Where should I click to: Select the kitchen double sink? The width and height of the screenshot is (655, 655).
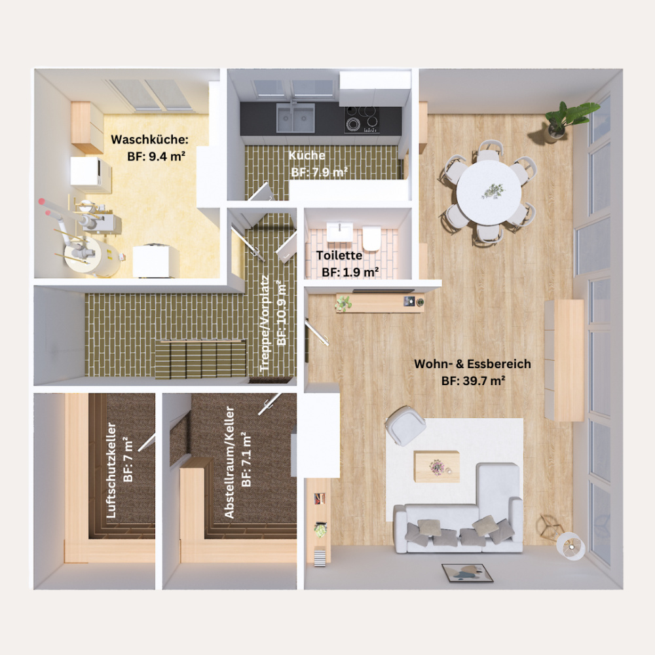click(295, 118)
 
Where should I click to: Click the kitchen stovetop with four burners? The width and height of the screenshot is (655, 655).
click(362, 119)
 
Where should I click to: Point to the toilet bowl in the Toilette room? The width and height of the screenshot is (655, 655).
click(371, 238)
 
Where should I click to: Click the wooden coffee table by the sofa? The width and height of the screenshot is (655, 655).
click(436, 466)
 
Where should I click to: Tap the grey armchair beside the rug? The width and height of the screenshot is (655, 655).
click(405, 425)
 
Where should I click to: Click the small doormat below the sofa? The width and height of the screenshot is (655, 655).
click(468, 572)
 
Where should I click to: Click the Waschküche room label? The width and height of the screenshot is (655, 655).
click(149, 140)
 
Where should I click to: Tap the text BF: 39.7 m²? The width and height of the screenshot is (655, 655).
click(474, 381)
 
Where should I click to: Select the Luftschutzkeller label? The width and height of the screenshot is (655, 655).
click(111, 470)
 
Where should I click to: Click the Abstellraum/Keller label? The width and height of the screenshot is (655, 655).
click(229, 462)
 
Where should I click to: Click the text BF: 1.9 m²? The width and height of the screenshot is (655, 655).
click(350, 272)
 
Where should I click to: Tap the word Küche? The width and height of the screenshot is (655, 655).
click(307, 155)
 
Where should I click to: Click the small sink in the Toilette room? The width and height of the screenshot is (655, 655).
click(339, 232)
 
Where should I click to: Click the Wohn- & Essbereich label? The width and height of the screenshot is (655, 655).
click(472, 364)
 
